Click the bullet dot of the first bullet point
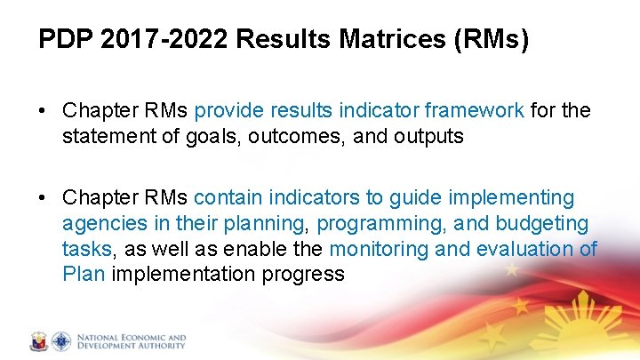(44, 111)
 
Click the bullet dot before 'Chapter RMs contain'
(44, 198)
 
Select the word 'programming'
(370, 224)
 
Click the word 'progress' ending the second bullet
(302, 275)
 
